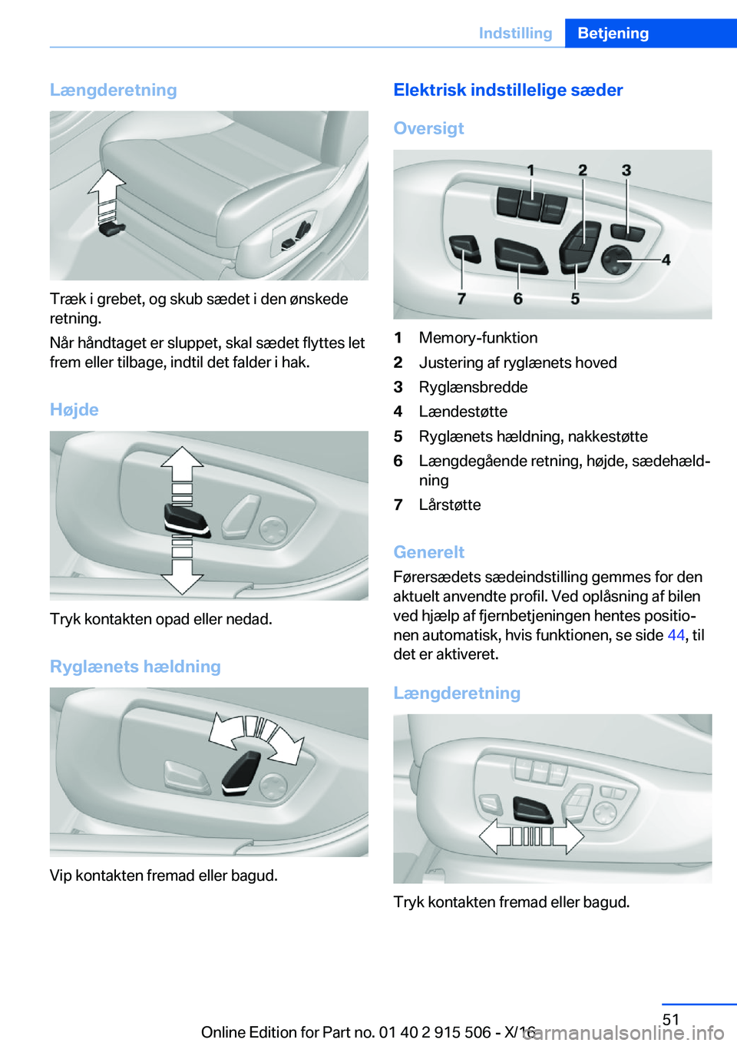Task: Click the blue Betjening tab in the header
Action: coord(613,33)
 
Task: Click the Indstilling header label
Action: coord(515,33)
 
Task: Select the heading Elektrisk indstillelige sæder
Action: coord(507,90)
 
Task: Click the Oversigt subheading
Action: coord(428,128)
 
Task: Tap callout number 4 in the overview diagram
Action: coord(666,260)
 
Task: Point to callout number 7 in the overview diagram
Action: coord(461,299)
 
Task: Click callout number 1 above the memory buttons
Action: coord(530,170)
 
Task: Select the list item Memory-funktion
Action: coord(478,338)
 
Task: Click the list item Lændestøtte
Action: coord(462,412)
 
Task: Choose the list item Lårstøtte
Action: coord(449,505)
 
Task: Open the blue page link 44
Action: coord(676,635)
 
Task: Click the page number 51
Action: coord(671,1019)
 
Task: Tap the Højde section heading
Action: coord(74,409)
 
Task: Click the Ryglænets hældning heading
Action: coord(135,667)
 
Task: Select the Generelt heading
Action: coord(428,552)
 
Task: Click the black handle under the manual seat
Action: coord(112,227)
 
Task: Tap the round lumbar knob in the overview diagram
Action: coord(616,260)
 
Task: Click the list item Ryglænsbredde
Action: coord(473,387)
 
